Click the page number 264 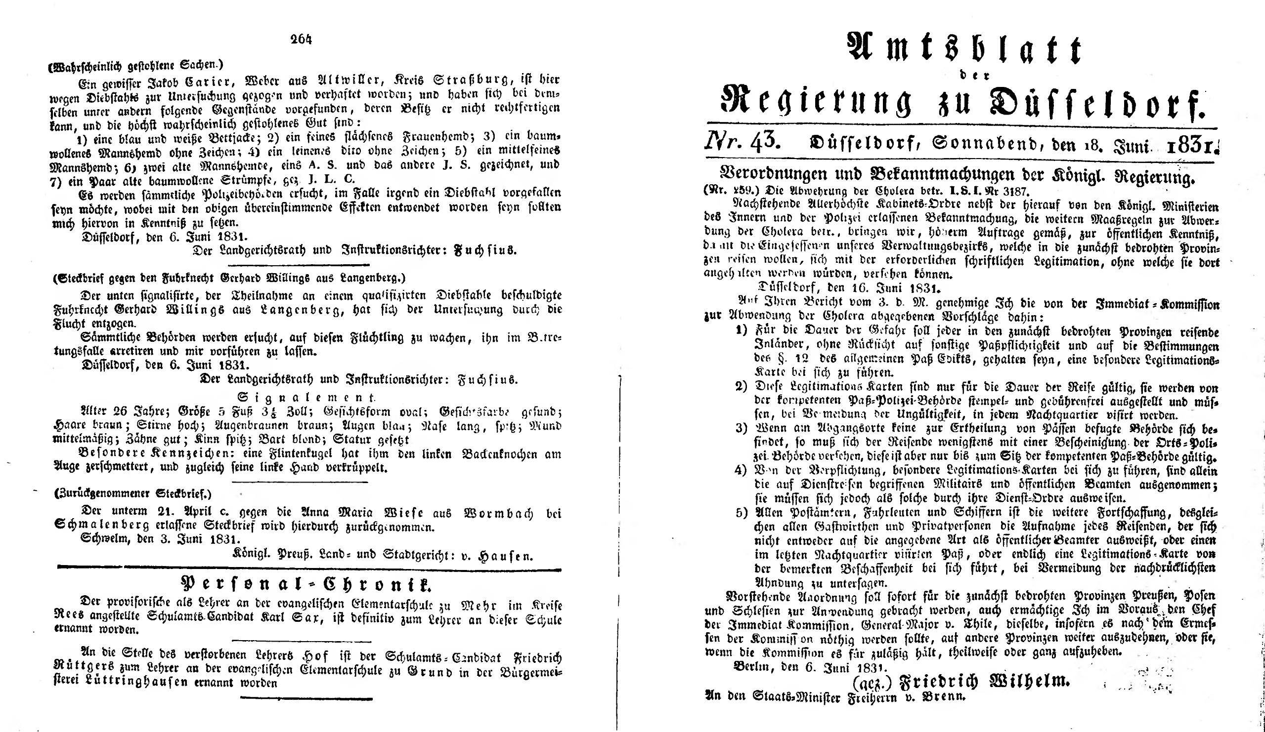click(x=301, y=40)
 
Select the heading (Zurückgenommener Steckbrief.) click(x=132, y=495)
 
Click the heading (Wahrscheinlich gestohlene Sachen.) click(x=133, y=64)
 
